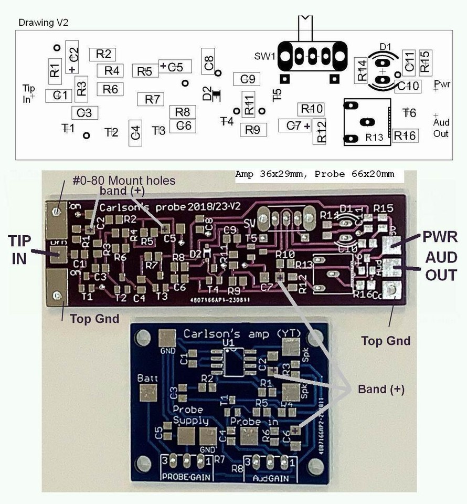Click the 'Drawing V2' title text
tap(44, 23)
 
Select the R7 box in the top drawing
tap(151, 99)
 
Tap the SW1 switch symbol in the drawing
tap(313, 55)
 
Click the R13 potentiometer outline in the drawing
tap(368, 122)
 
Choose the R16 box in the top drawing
tap(405, 135)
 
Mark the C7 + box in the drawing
tap(295, 125)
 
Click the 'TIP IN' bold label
tap(19, 249)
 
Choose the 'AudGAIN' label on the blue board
tap(271, 478)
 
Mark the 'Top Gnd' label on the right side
tap(386, 341)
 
